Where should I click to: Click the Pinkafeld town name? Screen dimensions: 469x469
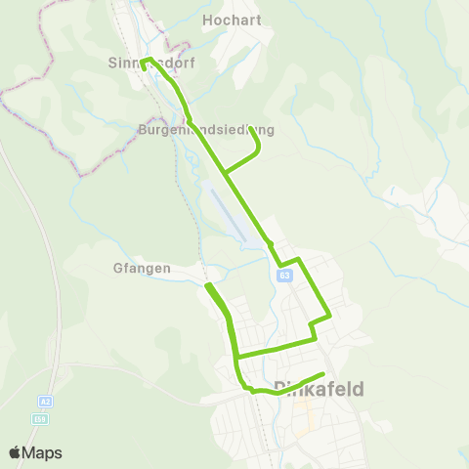tap(320, 389)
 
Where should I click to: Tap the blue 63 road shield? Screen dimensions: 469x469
tap(283, 276)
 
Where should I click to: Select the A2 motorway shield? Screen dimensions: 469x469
tap(45, 402)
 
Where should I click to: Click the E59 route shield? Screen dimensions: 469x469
tap(39, 419)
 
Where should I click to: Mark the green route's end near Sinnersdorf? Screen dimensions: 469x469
tap(144, 68)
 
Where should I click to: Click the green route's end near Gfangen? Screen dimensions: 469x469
tap(207, 285)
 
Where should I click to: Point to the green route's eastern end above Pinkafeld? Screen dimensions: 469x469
tap(321, 375)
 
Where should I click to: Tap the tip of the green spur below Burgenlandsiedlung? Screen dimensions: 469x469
tap(258, 150)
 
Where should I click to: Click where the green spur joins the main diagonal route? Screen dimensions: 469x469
tap(225, 174)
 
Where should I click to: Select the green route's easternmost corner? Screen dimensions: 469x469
tap(330, 315)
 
